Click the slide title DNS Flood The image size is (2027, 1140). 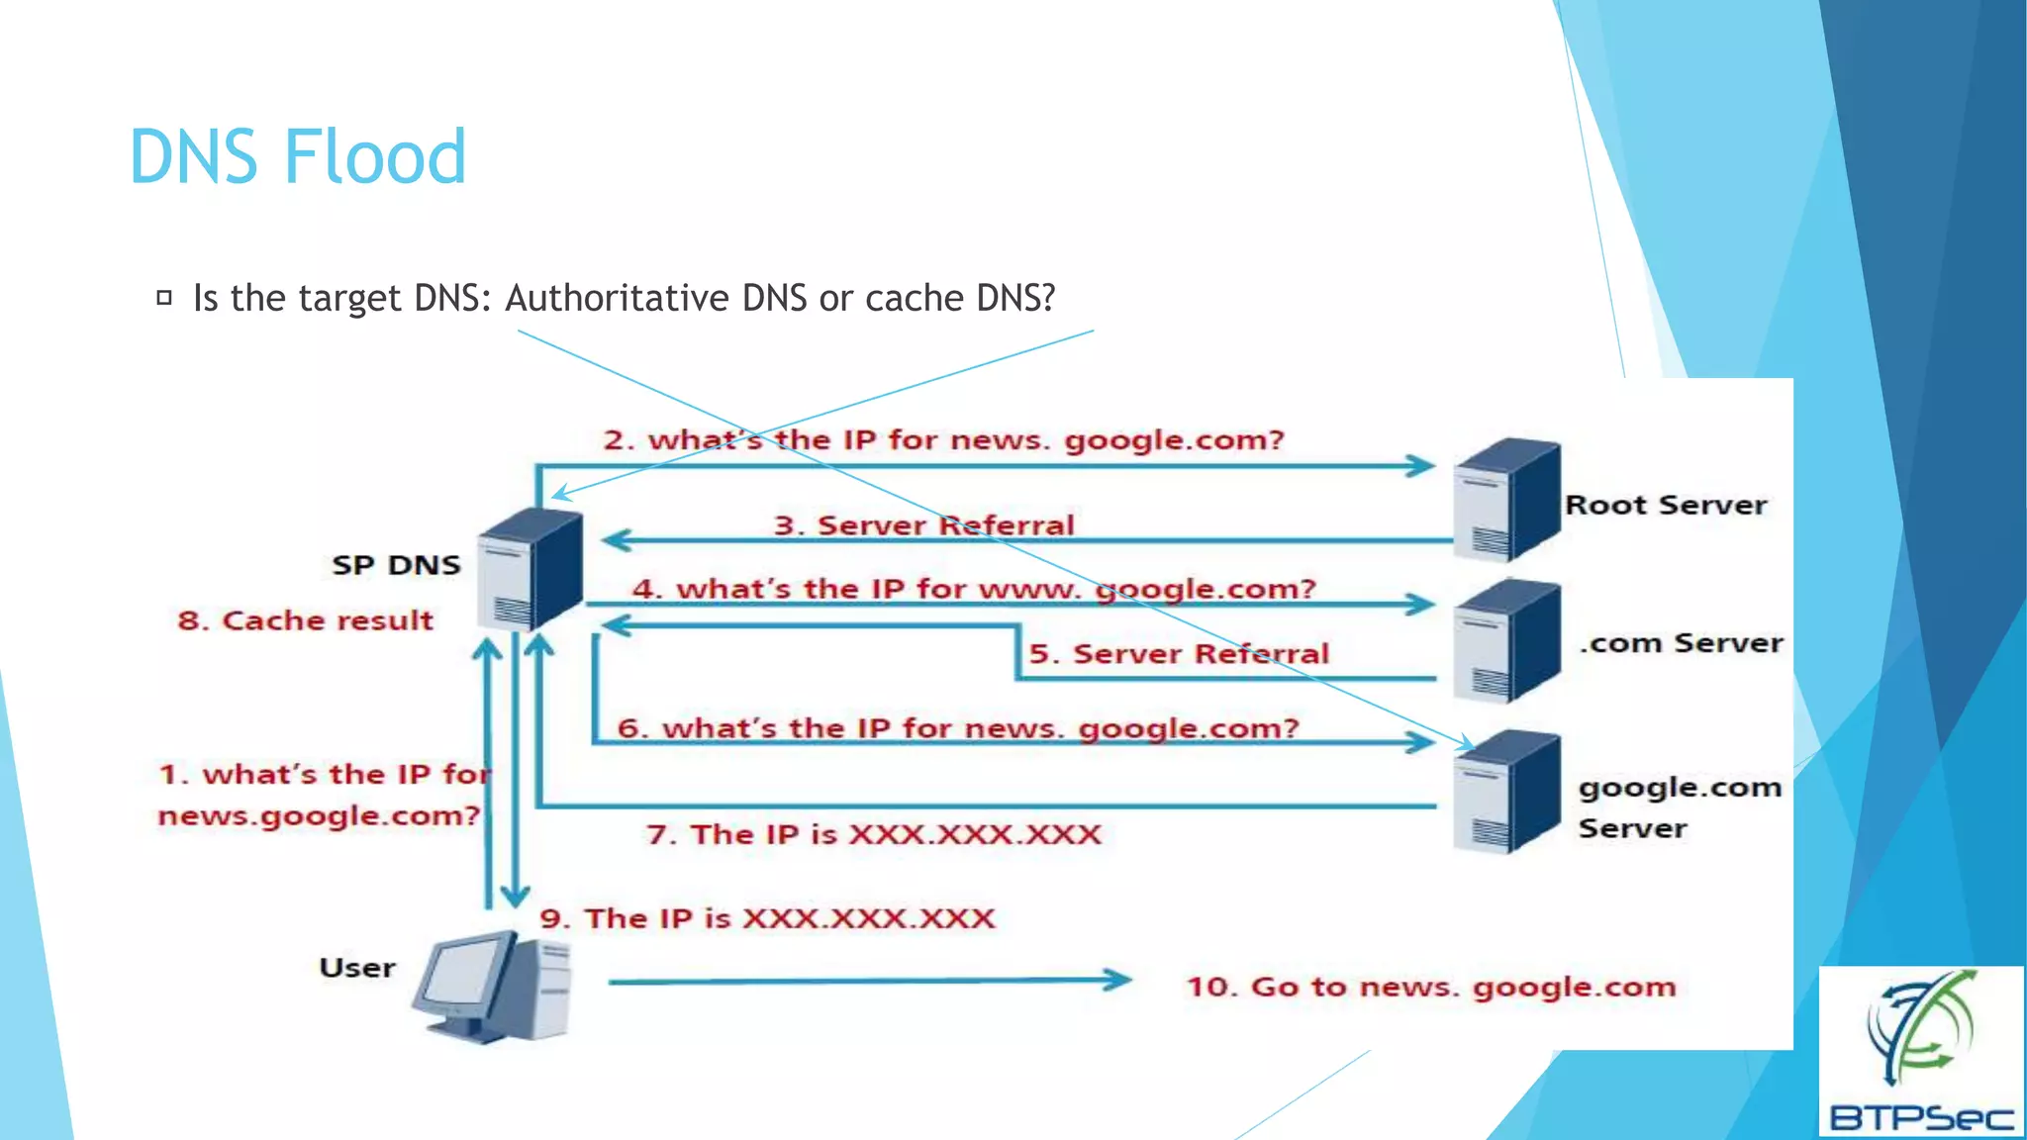297,157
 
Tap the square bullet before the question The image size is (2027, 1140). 164,297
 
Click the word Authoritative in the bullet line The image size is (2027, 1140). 617,298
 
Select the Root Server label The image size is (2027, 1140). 1666,505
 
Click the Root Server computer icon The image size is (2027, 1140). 1505,500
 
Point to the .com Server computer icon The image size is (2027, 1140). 1505,641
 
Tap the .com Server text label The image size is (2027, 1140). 1681,643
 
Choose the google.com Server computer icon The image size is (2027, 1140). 1505,792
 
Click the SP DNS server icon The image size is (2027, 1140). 530,570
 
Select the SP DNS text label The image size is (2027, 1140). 396,565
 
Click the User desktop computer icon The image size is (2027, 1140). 493,986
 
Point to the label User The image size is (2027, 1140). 356,968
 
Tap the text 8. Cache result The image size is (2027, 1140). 305,620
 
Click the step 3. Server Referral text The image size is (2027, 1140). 923,524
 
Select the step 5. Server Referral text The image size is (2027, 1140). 1178,654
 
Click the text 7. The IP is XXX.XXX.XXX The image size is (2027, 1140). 873,834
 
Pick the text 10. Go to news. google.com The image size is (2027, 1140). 1430,987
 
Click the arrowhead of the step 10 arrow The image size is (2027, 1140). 1118,980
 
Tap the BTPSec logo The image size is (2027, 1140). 1920,1052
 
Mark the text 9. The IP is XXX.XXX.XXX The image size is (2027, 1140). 767,918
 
